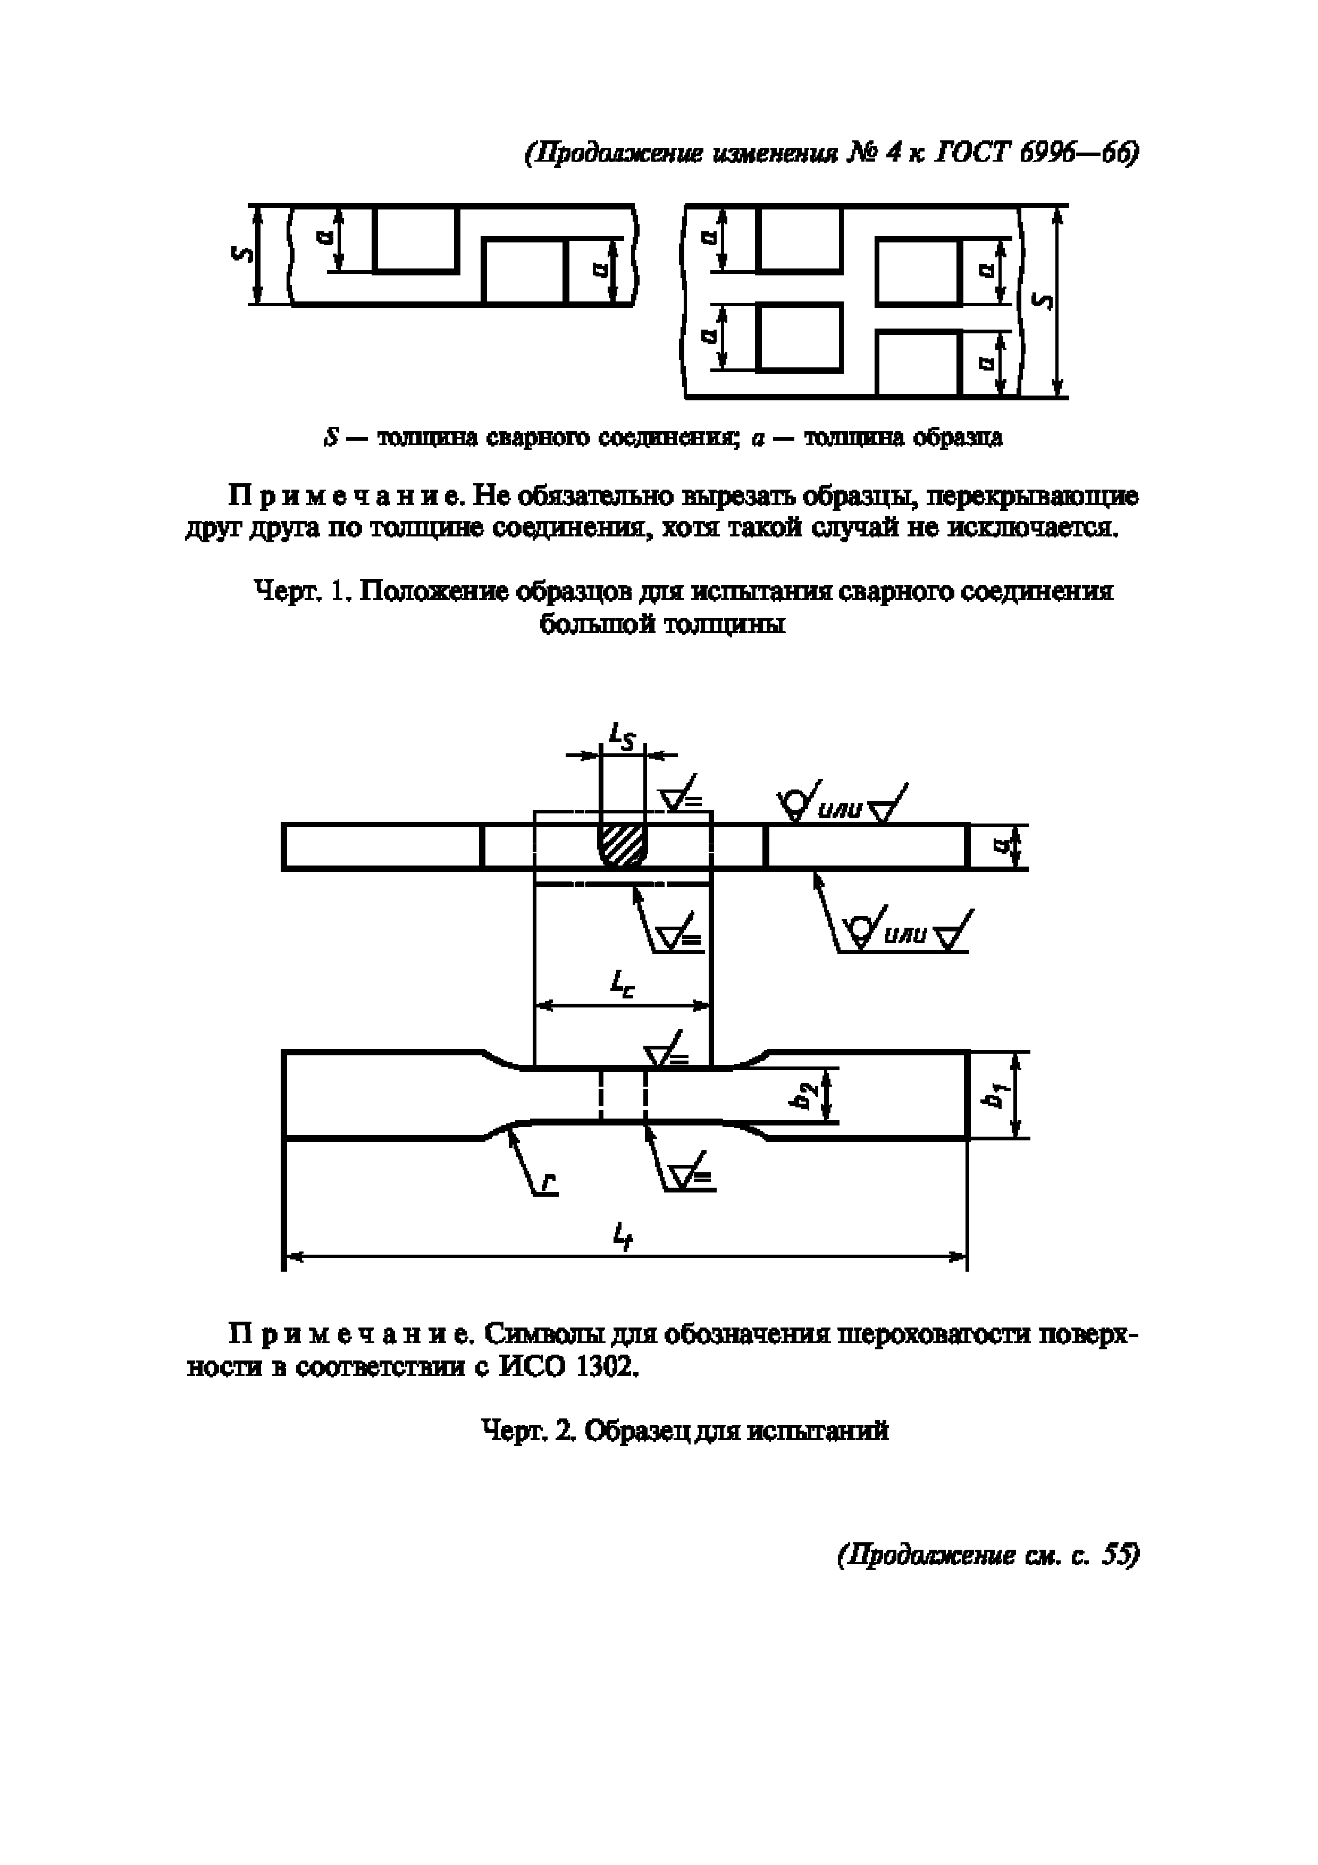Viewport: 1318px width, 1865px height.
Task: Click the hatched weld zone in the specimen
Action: [x=622, y=845]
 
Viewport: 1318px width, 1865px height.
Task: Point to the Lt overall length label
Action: [x=622, y=1237]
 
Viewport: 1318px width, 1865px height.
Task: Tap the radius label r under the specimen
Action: [x=550, y=1186]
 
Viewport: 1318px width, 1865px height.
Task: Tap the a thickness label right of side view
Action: [x=1001, y=846]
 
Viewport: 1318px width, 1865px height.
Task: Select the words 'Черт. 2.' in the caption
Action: [x=528, y=1430]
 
